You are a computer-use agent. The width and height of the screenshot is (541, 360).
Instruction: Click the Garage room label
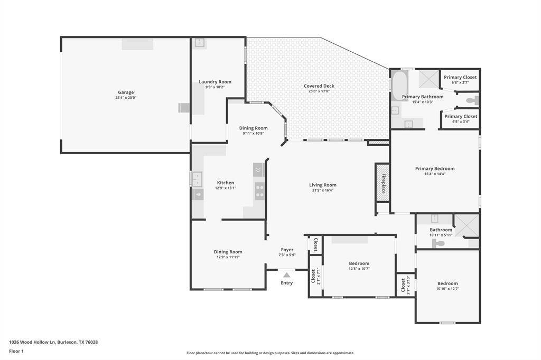[x=126, y=92]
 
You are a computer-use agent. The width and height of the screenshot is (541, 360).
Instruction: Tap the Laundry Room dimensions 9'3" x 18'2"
[x=215, y=87]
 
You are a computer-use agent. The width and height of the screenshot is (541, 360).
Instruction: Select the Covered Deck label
[x=319, y=86]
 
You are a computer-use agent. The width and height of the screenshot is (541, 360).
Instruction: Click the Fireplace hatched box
[x=382, y=183]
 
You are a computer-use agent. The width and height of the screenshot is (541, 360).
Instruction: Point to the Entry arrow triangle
[x=286, y=274]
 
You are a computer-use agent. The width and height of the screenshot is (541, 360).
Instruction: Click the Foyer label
[x=287, y=250]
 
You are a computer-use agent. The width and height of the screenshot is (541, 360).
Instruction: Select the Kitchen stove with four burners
[x=259, y=191]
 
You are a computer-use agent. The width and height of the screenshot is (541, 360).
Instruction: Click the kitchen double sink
[x=197, y=179]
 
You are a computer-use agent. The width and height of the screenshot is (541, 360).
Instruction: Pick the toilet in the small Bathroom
[x=439, y=243]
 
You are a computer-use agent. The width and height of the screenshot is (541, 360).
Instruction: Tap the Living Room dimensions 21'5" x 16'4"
[x=323, y=190]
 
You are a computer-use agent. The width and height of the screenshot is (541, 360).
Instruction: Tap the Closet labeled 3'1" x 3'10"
[x=405, y=285]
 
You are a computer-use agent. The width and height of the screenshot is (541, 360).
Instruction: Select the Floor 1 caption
[x=17, y=350]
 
